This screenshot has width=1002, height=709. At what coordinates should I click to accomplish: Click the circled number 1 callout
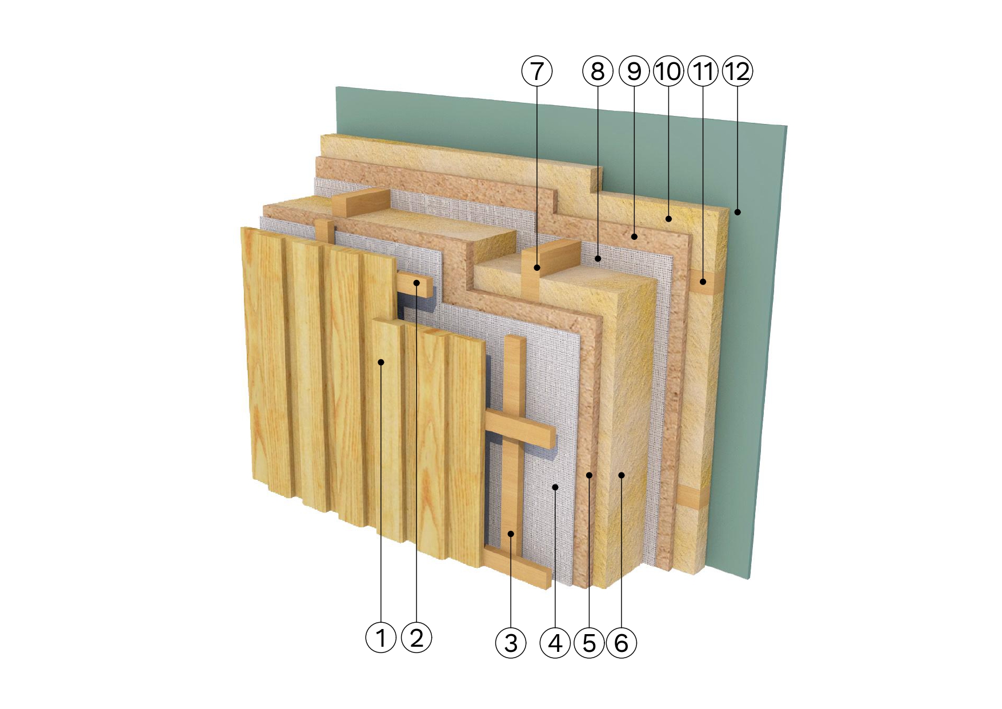[x=380, y=637]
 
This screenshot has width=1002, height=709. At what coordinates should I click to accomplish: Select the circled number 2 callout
[x=417, y=637]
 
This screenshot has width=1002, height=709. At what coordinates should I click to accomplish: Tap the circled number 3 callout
[x=511, y=643]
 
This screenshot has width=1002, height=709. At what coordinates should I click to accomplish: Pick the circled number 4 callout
[x=555, y=643]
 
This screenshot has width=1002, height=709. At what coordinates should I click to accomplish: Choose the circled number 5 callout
[x=590, y=643]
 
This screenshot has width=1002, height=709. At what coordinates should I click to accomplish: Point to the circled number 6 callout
[x=622, y=643]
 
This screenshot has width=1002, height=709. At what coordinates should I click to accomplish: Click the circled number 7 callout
[x=537, y=71]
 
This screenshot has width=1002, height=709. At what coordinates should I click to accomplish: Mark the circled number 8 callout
[x=598, y=71]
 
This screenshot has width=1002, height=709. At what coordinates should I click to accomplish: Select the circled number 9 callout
[x=634, y=71]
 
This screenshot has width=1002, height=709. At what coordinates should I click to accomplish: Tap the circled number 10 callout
[x=668, y=71]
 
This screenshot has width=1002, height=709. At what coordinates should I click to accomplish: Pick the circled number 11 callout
[x=703, y=71]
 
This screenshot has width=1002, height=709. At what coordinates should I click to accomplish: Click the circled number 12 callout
[x=738, y=71]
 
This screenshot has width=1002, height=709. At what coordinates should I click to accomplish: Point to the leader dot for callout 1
[x=381, y=362]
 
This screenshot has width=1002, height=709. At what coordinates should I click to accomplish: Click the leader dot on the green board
[x=738, y=212]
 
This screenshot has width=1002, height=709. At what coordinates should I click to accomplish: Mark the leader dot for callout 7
[x=537, y=267]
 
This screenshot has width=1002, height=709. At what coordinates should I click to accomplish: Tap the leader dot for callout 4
[x=555, y=486]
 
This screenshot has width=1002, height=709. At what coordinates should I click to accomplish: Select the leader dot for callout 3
[x=511, y=534]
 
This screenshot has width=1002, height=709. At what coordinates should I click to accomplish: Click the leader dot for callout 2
[x=417, y=283]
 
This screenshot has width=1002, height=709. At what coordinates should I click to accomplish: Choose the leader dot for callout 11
[x=703, y=281]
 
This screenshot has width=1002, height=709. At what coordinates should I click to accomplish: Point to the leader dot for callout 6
[x=622, y=474]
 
